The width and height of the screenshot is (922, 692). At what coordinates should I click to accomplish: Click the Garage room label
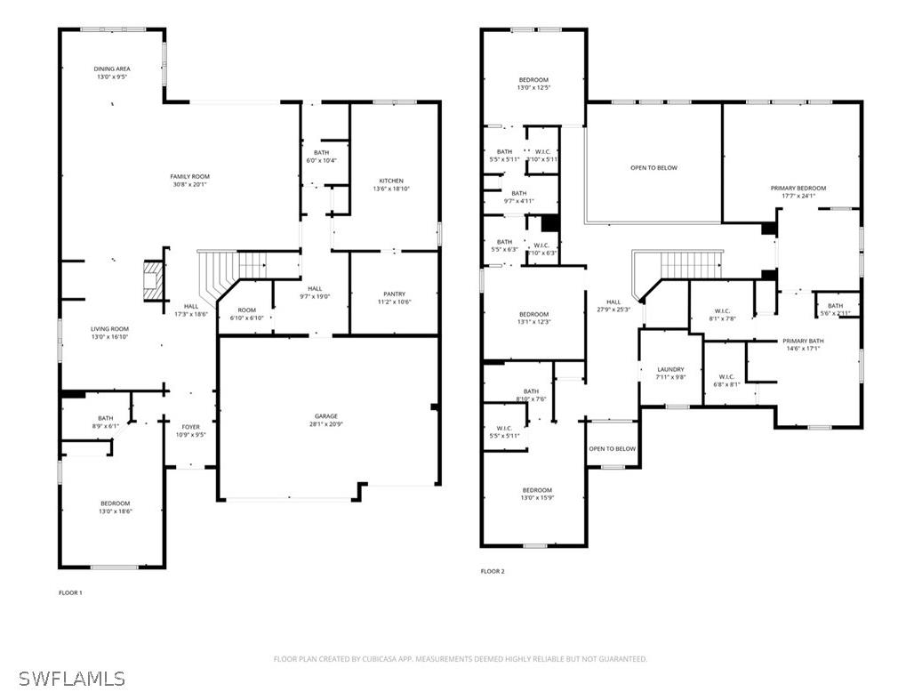pyautogui.click(x=325, y=416)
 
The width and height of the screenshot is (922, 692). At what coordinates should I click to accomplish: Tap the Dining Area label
pyautogui.click(x=112, y=68)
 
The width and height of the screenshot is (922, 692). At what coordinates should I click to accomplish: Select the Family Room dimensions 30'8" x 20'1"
pyautogui.click(x=189, y=185)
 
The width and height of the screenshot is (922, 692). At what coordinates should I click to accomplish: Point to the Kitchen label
pyautogui.click(x=391, y=181)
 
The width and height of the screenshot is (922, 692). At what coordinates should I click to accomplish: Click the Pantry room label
pyautogui.click(x=394, y=294)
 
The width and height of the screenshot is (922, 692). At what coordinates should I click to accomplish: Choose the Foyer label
pyautogui.click(x=191, y=427)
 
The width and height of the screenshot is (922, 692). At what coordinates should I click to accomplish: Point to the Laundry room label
pyautogui.click(x=670, y=369)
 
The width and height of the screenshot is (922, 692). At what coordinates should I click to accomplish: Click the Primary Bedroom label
pyautogui.click(x=798, y=189)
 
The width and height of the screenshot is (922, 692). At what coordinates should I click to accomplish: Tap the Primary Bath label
pyautogui.click(x=803, y=342)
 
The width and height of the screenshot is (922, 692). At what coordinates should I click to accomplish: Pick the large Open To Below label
pyautogui.click(x=653, y=168)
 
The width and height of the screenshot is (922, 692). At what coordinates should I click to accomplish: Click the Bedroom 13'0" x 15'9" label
pyautogui.click(x=537, y=490)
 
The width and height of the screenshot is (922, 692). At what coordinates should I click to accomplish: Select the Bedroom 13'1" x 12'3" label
pyautogui.click(x=533, y=314)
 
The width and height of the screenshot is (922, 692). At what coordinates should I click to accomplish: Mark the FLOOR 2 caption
pyautogui.click(x=493, y=571)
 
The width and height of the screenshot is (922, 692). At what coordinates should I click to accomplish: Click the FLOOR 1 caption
pyautogui.click(x=70, y=592)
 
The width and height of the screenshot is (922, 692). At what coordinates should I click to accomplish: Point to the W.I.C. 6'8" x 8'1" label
pyautogui.click(x=726, y=376)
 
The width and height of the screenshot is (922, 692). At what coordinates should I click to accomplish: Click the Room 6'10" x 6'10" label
pyautogui.click(x=246, y=310)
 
